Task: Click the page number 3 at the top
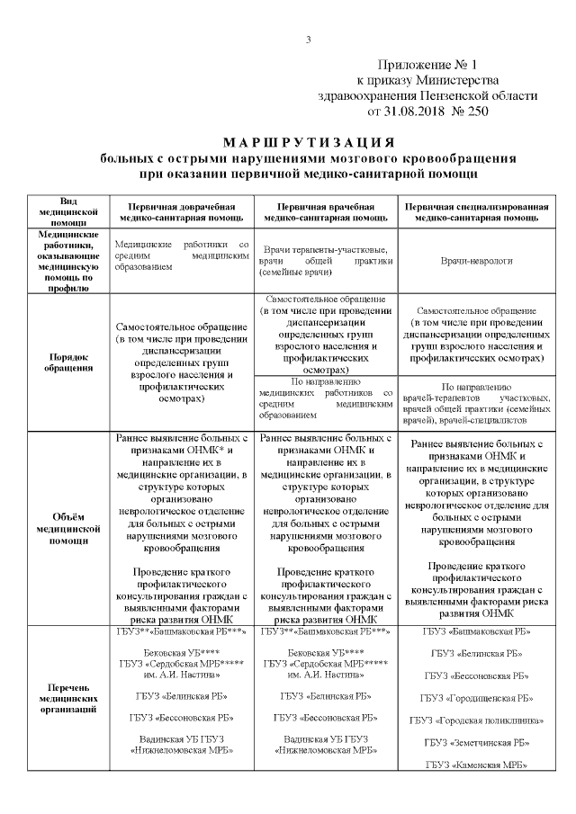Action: click(309, 39)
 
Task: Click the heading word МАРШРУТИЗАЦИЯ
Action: click(308, 143)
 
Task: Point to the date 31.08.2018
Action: click(404, 112)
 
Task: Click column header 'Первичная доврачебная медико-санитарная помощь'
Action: click(180, 211)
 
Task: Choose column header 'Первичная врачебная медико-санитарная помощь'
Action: click(326, 211)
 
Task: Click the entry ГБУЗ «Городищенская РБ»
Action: click(476, 698)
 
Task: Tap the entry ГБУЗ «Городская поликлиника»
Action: click(476, 720)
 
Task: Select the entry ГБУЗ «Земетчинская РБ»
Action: click(476, 742)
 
